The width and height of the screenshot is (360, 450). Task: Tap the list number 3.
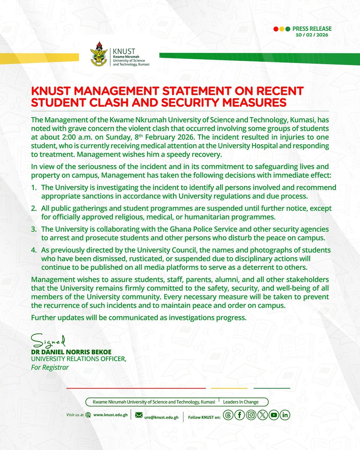pos(33,228)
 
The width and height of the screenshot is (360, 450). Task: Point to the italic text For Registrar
pos(50,367)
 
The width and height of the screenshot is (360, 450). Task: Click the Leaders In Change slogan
pos(241,402)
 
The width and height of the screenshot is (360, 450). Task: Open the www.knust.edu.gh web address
pos(109,415)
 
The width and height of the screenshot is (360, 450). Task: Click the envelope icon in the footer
pos(139,415)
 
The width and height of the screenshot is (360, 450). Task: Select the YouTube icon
pos(274,415)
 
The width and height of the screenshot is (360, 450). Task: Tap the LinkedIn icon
pos(285,415)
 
